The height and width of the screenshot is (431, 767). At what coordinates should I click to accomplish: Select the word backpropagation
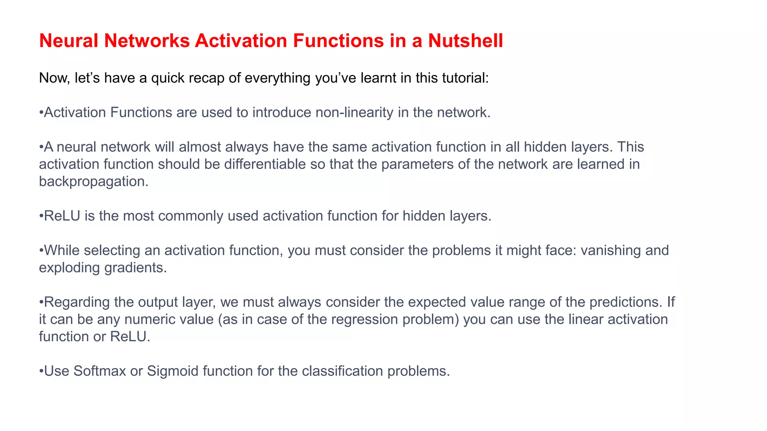(x=94, y=182)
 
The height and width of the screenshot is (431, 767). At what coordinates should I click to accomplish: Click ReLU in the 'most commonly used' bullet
(x=62, y=216)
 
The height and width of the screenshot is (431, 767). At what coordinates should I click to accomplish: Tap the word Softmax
(x=100, y=371)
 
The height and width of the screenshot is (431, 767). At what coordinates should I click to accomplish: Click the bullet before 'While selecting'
(x=41, y=251)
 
